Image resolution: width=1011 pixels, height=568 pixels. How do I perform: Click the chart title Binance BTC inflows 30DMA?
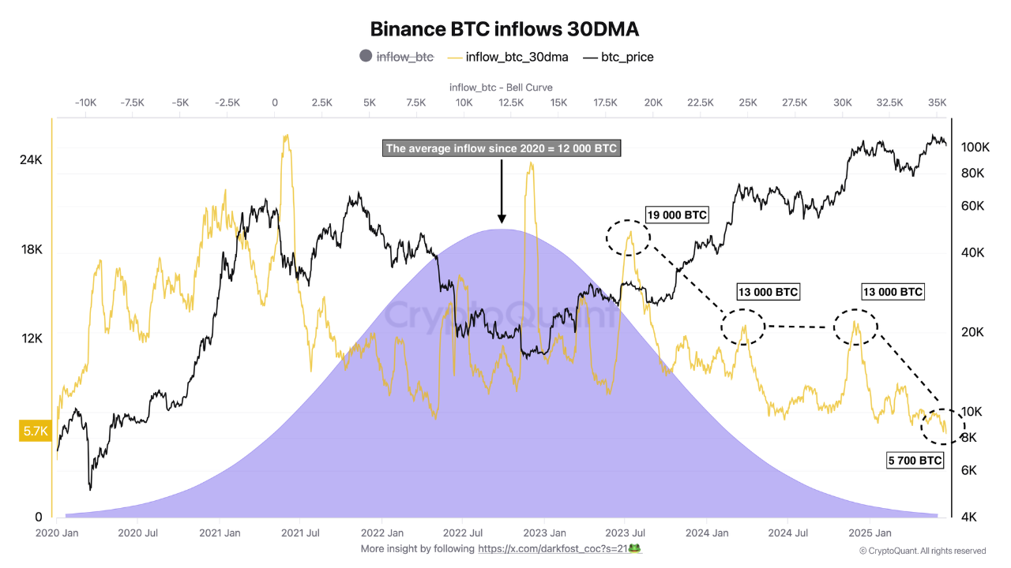pyautogui.click(x=505, y=29)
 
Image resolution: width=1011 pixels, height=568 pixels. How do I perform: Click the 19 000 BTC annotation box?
pyautogui.click(x=677, y=215)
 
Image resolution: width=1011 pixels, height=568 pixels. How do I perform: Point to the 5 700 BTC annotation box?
pyautogui.click(x=915, y=461)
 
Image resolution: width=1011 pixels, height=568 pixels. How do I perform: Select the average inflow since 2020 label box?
pyautogui.click(x=502, y=148)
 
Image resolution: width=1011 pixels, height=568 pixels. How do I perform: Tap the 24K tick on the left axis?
pyautogui.click(x=31, y=160)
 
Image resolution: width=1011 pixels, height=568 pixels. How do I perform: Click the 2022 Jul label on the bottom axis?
pyautogui.click(x=464, y=533)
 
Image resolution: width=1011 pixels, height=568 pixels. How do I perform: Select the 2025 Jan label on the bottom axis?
pyautogui.click(x=873, y=533)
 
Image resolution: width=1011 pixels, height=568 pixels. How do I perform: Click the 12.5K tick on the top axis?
pyautogui.click(x=511, y=103)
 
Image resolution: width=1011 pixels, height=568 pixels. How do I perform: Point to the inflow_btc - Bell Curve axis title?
pyautogui.click(x=501, y=87)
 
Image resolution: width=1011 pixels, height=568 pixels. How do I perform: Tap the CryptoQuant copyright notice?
pyautogui.click(x=923, y=551)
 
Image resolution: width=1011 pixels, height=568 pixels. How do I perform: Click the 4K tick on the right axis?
pyautogui.click(x=971, y=518)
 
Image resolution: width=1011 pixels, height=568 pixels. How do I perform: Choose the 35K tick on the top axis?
pyautogui.click(x=937, y=103)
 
